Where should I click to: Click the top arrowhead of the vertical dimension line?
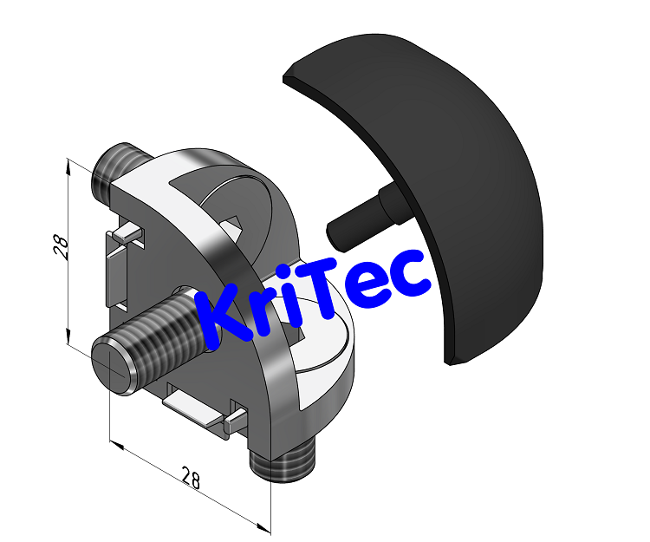pyautogui.click(x=68, y=166)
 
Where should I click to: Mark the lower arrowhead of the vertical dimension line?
pyautogui.click(x=68, y=338)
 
